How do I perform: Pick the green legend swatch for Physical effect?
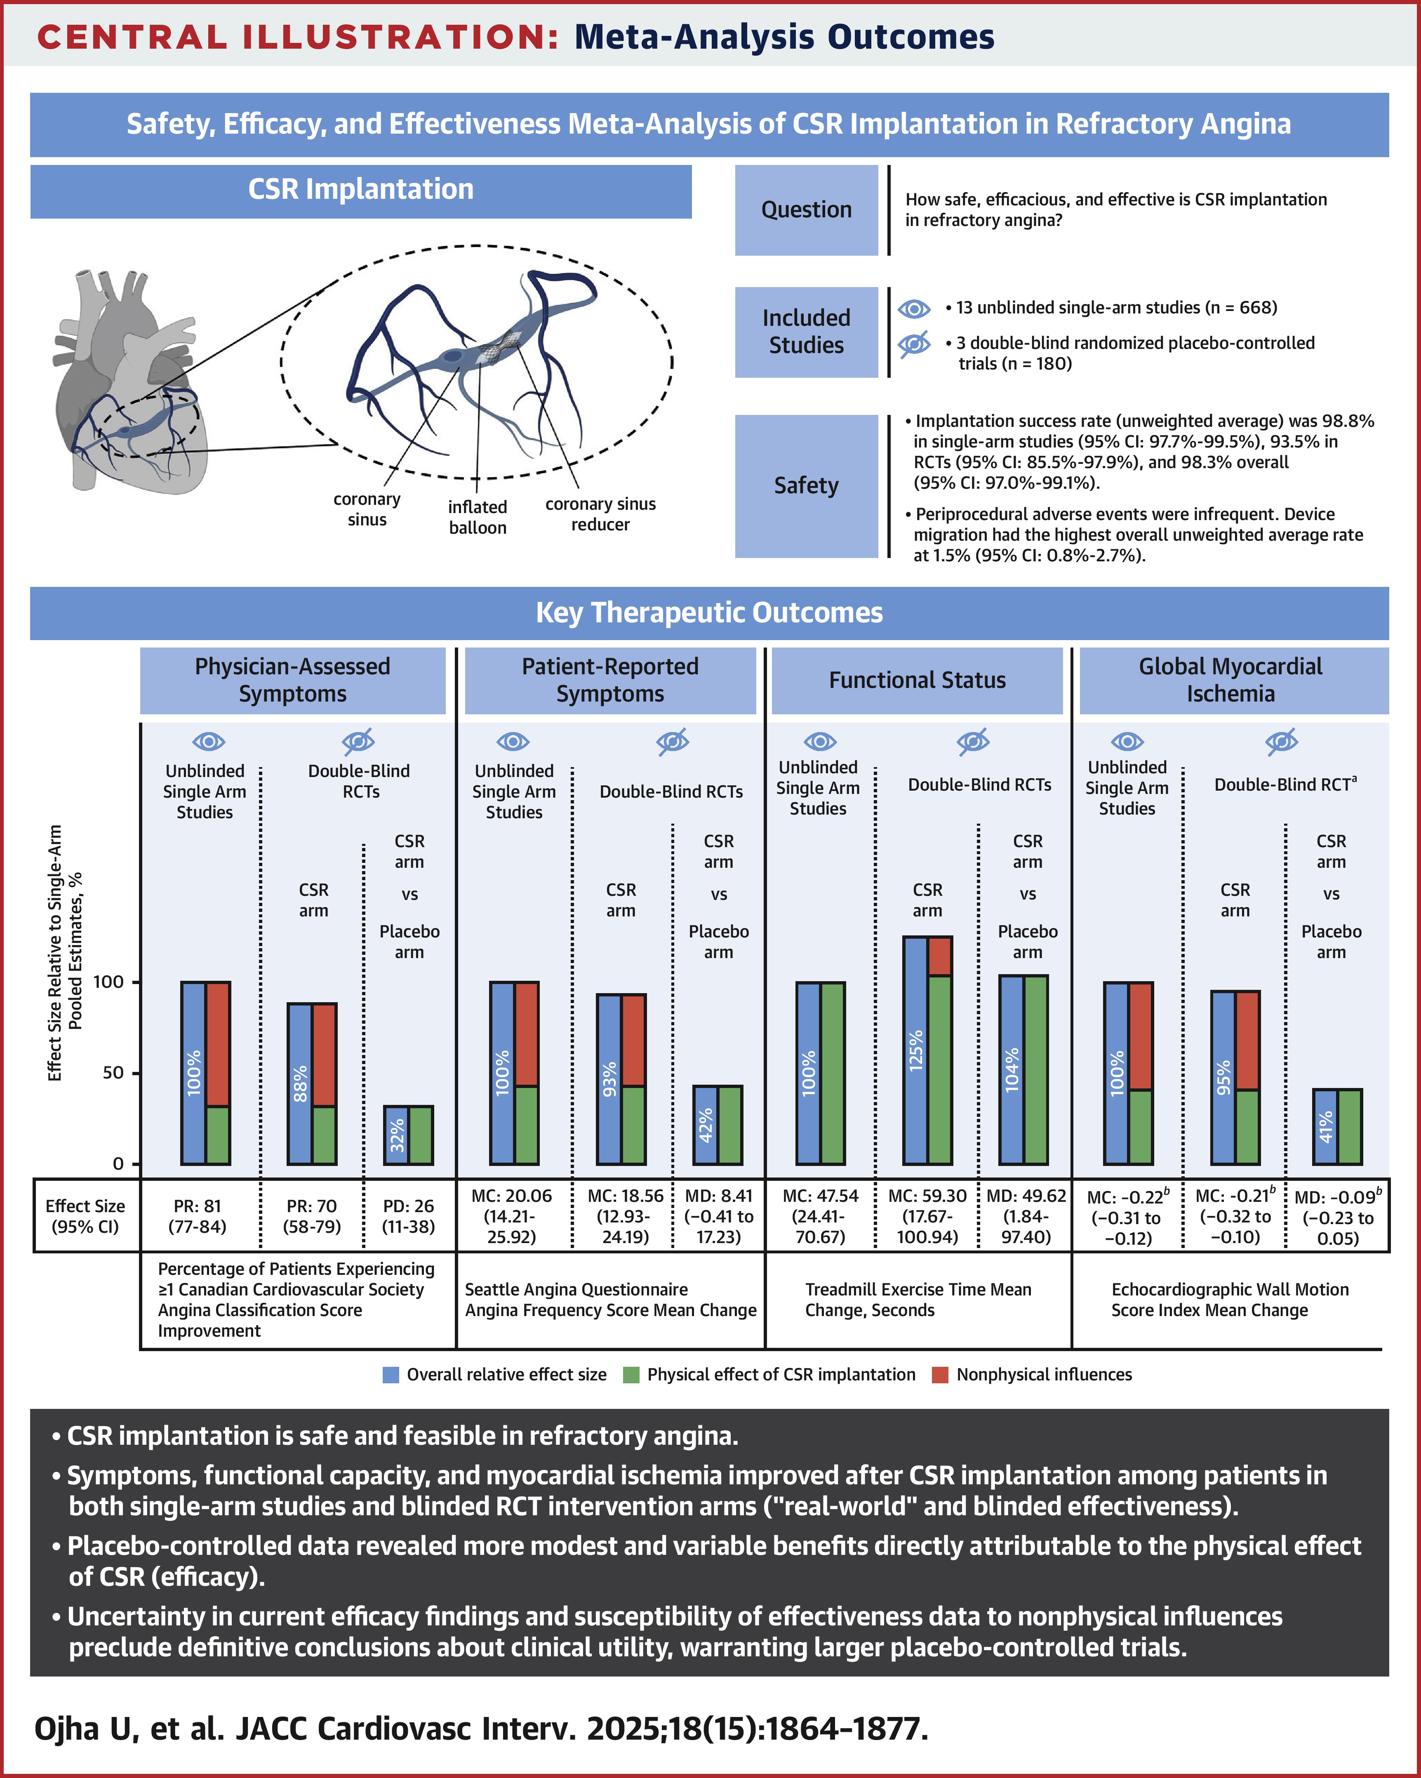(631, 1375)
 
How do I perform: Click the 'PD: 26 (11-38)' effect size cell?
(408, 1216)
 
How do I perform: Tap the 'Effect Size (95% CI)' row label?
(85, 1216)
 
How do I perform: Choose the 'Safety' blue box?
(806, 486)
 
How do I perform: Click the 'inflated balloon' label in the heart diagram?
(478, 517)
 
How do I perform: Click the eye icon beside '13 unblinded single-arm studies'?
(914, 309)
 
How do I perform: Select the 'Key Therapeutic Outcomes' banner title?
(709, 613)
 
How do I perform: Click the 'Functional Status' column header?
(917, 681)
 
